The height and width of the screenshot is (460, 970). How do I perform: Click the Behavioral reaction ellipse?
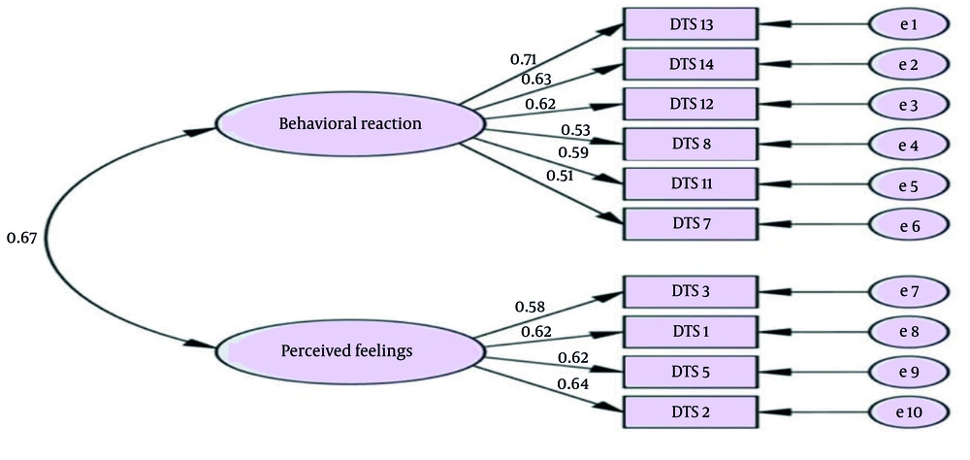[x=350, y=123]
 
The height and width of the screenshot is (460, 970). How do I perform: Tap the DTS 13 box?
[x=689, y=23]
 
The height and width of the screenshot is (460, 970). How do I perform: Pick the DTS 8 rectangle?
[x=689, y=144]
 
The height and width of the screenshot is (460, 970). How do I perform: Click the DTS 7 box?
[x=689, y=223]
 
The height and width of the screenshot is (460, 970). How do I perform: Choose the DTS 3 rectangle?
[x=689, y=291]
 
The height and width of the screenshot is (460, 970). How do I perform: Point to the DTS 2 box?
[x=689, y=411]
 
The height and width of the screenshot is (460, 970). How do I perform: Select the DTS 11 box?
[x=689, y=182]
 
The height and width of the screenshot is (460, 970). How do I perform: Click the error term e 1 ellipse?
[x=909, y=23]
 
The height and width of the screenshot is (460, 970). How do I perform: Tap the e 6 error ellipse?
[x=909, y=223]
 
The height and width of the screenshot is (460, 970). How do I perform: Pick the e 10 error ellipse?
[x=909, y=411]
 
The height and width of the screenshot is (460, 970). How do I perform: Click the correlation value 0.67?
[x=21, y=238]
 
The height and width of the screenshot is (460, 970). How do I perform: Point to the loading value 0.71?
[x=525, y=60]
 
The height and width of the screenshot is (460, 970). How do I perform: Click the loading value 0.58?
[x=531, y=308]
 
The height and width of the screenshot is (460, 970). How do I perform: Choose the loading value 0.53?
[x=576, y=131]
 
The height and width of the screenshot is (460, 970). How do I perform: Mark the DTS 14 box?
[x=689, y=64]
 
